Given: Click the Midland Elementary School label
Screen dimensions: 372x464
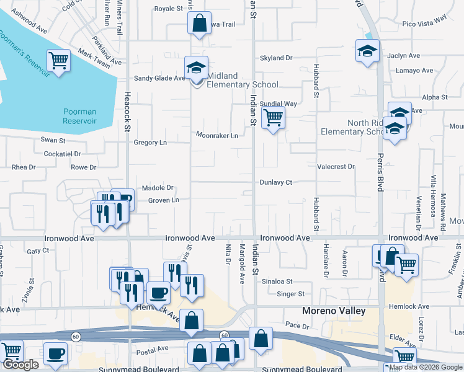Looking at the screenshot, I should tap(242, 80).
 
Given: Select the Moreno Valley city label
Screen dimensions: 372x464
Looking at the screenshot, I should tap(333, 311).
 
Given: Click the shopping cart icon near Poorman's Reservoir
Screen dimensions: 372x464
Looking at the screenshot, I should tap(58, 61).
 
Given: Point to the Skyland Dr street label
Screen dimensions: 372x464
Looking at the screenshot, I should tap(276, 58).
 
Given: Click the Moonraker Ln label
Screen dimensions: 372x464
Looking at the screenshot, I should tap(217, 135).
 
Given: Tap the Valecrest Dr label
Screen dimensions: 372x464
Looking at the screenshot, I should tap(336, 167).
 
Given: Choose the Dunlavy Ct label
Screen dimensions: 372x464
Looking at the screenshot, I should tap(275, 182).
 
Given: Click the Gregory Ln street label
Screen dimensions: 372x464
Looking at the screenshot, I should tap(150, 143).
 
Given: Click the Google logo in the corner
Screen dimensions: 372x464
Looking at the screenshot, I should tap(21, 365).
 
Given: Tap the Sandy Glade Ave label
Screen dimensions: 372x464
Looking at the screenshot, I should tap(160, 78).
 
